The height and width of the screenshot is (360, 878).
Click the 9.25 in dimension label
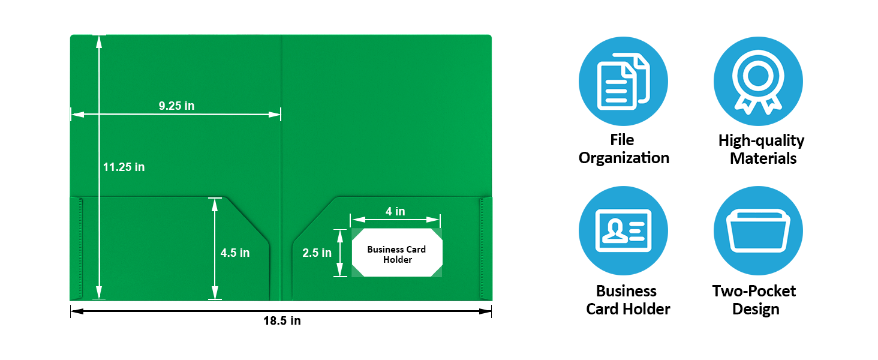[x=176, y=106]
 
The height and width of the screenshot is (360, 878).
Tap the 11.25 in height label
[x=124, y=167]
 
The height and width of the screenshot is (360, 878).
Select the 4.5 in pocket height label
[x=234, y=253]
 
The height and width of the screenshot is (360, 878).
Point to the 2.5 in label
[x=317, y=253]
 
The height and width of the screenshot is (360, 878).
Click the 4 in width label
[x=395, y=211]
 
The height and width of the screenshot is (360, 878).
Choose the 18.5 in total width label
[x=282, y=321]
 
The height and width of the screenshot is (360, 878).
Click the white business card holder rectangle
[x=397, y=253]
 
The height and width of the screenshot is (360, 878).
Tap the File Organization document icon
[x=623, y=81]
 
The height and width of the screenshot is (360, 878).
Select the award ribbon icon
[x=758, y=81]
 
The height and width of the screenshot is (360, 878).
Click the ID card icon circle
[x=623, y=230]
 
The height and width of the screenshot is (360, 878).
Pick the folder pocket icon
[x=758, y=230]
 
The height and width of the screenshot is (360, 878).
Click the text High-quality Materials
[x=761, y=149]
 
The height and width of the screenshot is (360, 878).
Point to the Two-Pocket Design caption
[x=754, y=300]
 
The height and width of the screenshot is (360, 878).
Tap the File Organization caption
[x=624, y=149]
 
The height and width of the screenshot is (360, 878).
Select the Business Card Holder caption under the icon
[x=628, y=300]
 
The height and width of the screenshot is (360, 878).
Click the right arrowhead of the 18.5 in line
[x=486, y=311]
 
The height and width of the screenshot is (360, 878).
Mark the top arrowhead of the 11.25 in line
[x=99, y=42]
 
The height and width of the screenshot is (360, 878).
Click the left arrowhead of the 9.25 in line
[x=77, y=115]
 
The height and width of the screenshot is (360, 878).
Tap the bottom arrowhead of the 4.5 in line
[x=215, y=293]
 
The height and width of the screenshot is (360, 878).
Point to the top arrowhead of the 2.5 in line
[x=340, y=236]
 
